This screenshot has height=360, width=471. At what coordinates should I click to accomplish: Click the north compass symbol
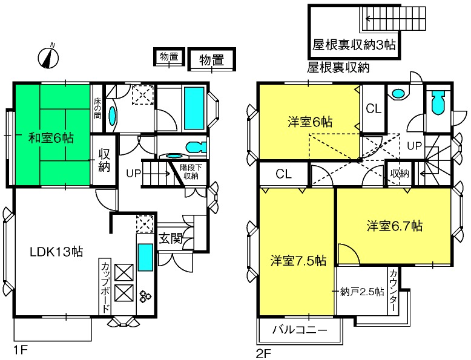click(48, 57)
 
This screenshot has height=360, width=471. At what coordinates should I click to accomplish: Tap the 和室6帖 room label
click(51, 138)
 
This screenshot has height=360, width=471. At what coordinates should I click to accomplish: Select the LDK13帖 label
click(56, 252)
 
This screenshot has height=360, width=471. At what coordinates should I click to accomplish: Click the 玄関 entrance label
click(170, 238)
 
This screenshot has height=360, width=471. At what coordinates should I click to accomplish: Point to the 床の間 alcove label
click(97, 108)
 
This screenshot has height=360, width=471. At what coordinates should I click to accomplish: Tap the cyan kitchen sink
click(145, 257)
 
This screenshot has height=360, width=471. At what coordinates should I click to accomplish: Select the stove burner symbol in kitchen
click(145, 296)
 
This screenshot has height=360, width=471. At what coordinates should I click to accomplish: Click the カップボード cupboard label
click(105, 287)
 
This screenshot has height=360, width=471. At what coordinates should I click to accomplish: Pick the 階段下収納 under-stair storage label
click(191, 171)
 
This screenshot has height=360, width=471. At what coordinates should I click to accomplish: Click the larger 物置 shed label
click(212, 60)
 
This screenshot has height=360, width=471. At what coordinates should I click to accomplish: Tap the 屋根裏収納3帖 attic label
click(354, 45)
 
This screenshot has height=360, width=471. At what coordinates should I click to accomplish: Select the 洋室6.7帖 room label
click(394, 226)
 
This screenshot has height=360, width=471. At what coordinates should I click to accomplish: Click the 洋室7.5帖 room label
click(298, 261)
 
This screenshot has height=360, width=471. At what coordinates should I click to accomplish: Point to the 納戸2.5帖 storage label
click(362, 292)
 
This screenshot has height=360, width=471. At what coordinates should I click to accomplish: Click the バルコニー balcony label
click(300, 330)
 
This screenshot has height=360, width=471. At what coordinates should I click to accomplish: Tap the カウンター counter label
click(393, 290)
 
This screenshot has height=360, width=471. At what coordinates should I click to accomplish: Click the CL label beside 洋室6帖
click(374, 108)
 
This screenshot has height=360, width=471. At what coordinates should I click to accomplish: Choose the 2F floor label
click(263, 354)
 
